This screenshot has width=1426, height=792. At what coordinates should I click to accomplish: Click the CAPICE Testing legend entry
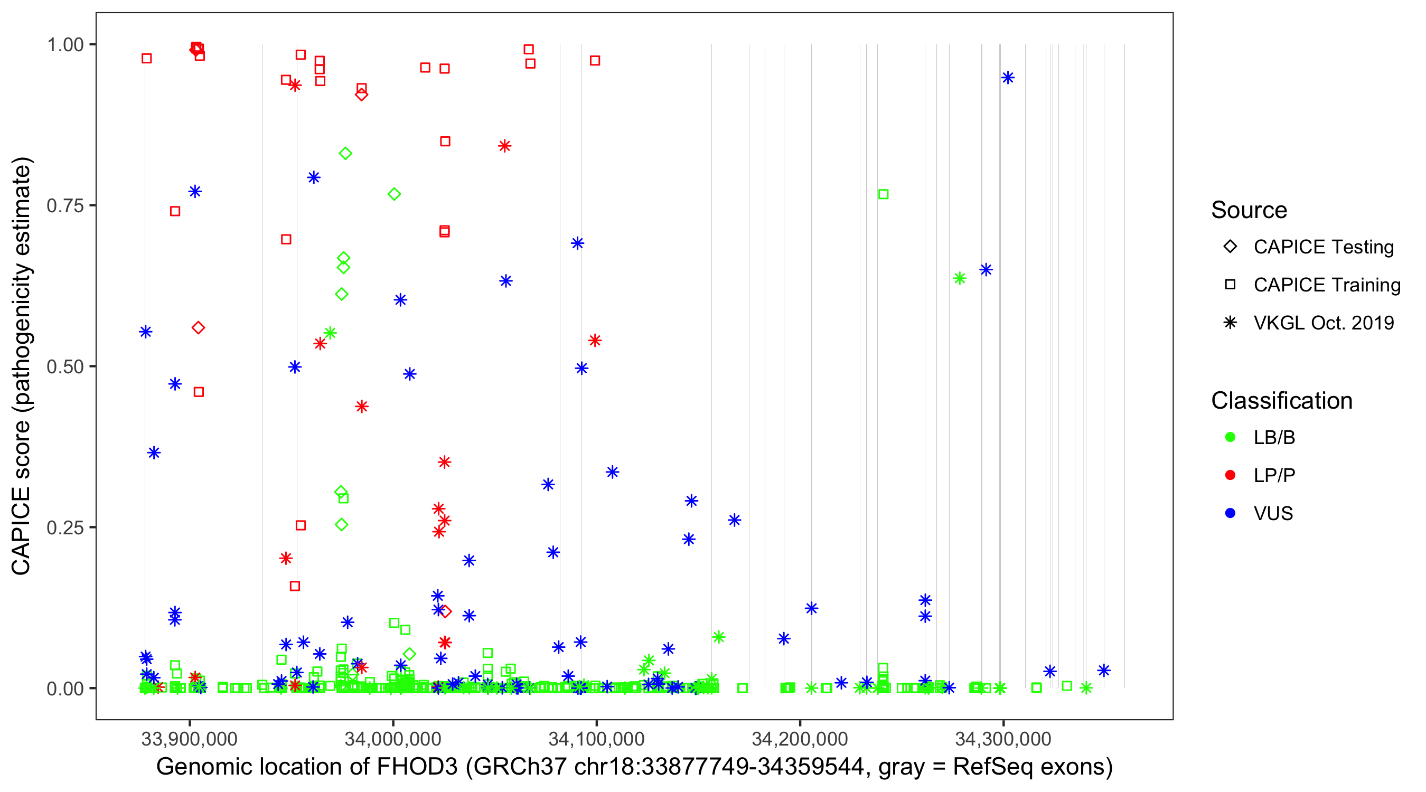1323,247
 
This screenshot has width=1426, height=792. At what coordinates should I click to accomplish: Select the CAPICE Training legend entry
1326,285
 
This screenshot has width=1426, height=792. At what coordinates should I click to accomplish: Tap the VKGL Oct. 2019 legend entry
1323,323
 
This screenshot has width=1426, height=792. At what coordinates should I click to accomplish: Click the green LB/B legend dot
1230,437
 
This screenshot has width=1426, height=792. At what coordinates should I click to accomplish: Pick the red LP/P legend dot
1230,475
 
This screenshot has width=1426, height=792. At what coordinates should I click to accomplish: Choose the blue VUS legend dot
1230,513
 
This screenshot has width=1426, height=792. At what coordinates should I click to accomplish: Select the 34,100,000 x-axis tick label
596,739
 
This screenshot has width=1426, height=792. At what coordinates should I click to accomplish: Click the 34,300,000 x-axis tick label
1003,739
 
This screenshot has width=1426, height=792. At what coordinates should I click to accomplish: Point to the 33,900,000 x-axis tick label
189,739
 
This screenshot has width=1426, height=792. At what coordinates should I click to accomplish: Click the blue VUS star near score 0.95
1008,78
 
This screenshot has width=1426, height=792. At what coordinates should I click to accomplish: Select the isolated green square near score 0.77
884,194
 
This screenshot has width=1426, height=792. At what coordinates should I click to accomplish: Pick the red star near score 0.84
504,146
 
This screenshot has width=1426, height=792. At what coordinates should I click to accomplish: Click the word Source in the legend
1249,210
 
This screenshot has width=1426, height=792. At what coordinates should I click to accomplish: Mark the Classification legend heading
1281,401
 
